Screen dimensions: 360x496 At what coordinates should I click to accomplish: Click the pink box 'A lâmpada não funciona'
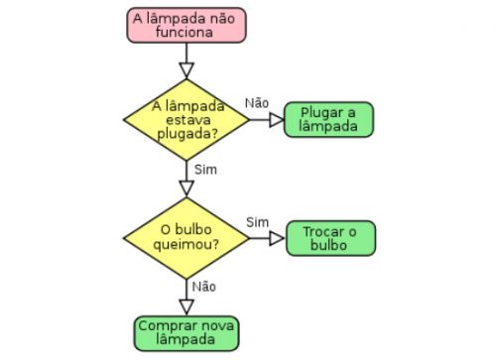pos(186,25)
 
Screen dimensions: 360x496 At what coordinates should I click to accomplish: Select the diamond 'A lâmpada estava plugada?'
pos(186,119)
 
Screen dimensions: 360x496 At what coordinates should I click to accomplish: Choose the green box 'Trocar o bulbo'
pos(331,238)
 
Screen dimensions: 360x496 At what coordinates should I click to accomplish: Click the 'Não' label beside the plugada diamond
pos(257,103)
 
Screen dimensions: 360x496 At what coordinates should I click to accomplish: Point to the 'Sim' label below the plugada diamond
pos(205,169)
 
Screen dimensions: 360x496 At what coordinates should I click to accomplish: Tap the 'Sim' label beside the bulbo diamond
pos(257,220)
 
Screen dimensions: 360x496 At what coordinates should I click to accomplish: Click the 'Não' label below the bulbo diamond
pos(204,287)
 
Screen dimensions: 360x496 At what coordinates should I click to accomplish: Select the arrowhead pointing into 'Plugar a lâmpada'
pos(277,120)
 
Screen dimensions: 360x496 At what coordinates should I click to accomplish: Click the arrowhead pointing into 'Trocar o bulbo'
pos(279,238)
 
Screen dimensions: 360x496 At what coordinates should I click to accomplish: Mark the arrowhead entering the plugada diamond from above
pos(186,70)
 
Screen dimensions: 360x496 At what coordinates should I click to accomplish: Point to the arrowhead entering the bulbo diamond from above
pos(186,188)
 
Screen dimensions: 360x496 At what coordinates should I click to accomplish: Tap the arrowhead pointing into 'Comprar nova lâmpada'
pos(186,306)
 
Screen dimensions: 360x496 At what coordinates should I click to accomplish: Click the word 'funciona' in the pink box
pos(186,32)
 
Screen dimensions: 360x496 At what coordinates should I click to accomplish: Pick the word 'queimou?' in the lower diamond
pos(186,244)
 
